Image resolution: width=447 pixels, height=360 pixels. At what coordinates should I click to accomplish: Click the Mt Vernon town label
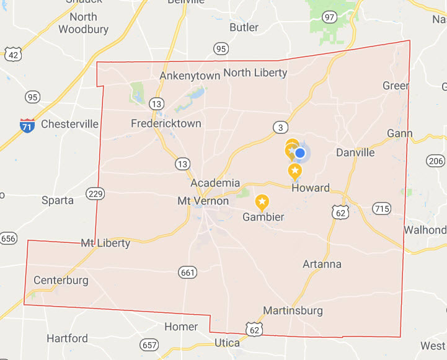click(203, 201)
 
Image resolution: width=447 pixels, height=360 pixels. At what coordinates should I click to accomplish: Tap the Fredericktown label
click(166, 123)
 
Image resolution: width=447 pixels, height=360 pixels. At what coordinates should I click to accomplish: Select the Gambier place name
click(263, 217)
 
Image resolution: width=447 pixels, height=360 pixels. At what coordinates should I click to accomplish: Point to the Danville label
click(355, 152)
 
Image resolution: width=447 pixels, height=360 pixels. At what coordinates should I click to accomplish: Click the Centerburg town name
click(61, 280)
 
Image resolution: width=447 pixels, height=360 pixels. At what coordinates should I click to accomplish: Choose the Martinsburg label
click(293, 310)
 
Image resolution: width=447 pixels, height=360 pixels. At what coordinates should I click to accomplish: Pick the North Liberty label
click(255, 72)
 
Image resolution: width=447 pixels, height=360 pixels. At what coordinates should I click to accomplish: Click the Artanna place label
click(322, 264)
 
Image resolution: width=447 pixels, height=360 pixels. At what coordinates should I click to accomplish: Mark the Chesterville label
click(69, 124)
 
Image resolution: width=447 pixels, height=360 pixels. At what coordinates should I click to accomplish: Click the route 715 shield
click(382, 208)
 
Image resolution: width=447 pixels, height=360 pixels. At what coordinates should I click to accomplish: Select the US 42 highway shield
click(13, 55)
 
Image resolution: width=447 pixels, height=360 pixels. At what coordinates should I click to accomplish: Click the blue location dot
click(300, 152)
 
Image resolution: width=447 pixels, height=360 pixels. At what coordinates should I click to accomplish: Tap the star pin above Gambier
click(262, 201)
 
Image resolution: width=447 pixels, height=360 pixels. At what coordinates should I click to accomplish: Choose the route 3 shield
click(281, 128)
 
